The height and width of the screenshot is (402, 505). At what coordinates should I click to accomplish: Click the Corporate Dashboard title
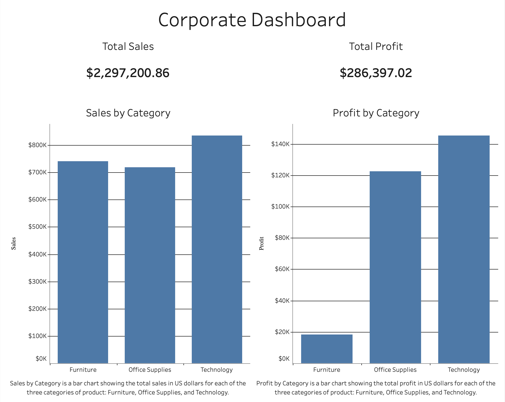pos(252,20)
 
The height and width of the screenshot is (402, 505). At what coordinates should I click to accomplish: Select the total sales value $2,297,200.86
pos(128,73)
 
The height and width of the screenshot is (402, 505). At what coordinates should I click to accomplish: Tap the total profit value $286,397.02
pos(376,73)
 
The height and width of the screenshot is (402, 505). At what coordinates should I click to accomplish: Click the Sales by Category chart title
pos(128,113)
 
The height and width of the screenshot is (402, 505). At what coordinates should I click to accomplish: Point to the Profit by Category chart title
pos(376,113)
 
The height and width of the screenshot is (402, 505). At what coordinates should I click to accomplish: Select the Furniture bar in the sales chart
pos(83,262)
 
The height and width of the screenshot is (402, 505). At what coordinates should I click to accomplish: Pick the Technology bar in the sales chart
pos(217,249)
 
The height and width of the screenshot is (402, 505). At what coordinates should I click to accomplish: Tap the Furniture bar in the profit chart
pos(327,349)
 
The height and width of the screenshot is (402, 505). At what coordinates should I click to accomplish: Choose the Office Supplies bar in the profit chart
pos(395,267)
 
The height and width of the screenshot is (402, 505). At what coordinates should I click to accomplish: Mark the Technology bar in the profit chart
pos(464,249)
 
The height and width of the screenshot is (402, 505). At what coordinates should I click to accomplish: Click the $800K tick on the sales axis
pos(38,145)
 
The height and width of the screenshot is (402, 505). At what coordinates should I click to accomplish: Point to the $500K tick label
pos(38,227)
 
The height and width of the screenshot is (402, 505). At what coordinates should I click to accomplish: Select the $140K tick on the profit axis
pos(280,144)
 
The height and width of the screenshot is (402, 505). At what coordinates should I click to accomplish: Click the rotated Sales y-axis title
pos(14,244)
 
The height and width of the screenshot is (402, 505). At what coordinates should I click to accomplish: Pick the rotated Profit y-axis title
pos(262,244)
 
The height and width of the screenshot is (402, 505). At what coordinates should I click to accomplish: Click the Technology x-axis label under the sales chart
pos(216,370)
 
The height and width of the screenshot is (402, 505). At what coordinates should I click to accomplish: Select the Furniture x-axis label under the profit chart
pos(327,370)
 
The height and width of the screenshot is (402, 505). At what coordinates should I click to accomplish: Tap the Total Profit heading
pos(376,47)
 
